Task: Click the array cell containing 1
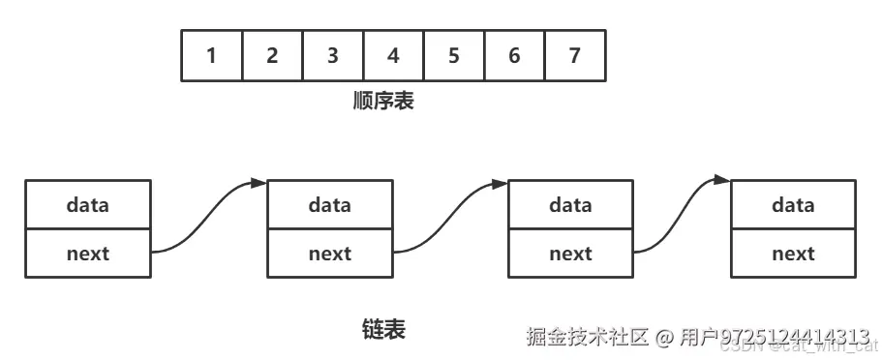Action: [212, 55]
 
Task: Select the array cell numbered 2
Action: [272, 55]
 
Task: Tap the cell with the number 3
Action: [333, 55]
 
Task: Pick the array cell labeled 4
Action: [393, 55]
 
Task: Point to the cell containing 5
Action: [454, 55]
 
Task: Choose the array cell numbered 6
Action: [514, 55]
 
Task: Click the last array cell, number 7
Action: [575, 55]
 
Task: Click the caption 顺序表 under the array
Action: [383, 101]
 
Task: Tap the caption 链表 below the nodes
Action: [383, 330]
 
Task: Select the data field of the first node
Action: [88, 205]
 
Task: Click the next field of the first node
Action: [88, 254]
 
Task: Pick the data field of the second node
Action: [330, 205]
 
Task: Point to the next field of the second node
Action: [330, 254]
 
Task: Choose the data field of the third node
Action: [570, 205]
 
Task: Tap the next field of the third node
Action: [570, 254]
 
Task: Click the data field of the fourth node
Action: [793, 205]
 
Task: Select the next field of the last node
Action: [793, 254]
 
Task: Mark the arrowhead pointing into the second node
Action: [259, 182]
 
